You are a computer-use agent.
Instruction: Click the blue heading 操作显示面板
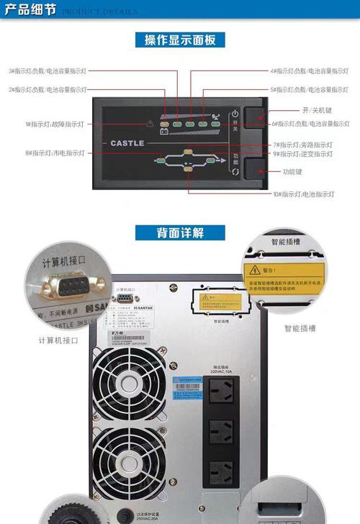coord(180,40)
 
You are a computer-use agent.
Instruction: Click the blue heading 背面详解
coord(180,232)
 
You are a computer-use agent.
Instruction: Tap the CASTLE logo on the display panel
coord(127,143)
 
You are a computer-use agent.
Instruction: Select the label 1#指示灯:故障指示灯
coord(55,125)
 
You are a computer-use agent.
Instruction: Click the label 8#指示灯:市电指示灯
coord(55,153)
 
